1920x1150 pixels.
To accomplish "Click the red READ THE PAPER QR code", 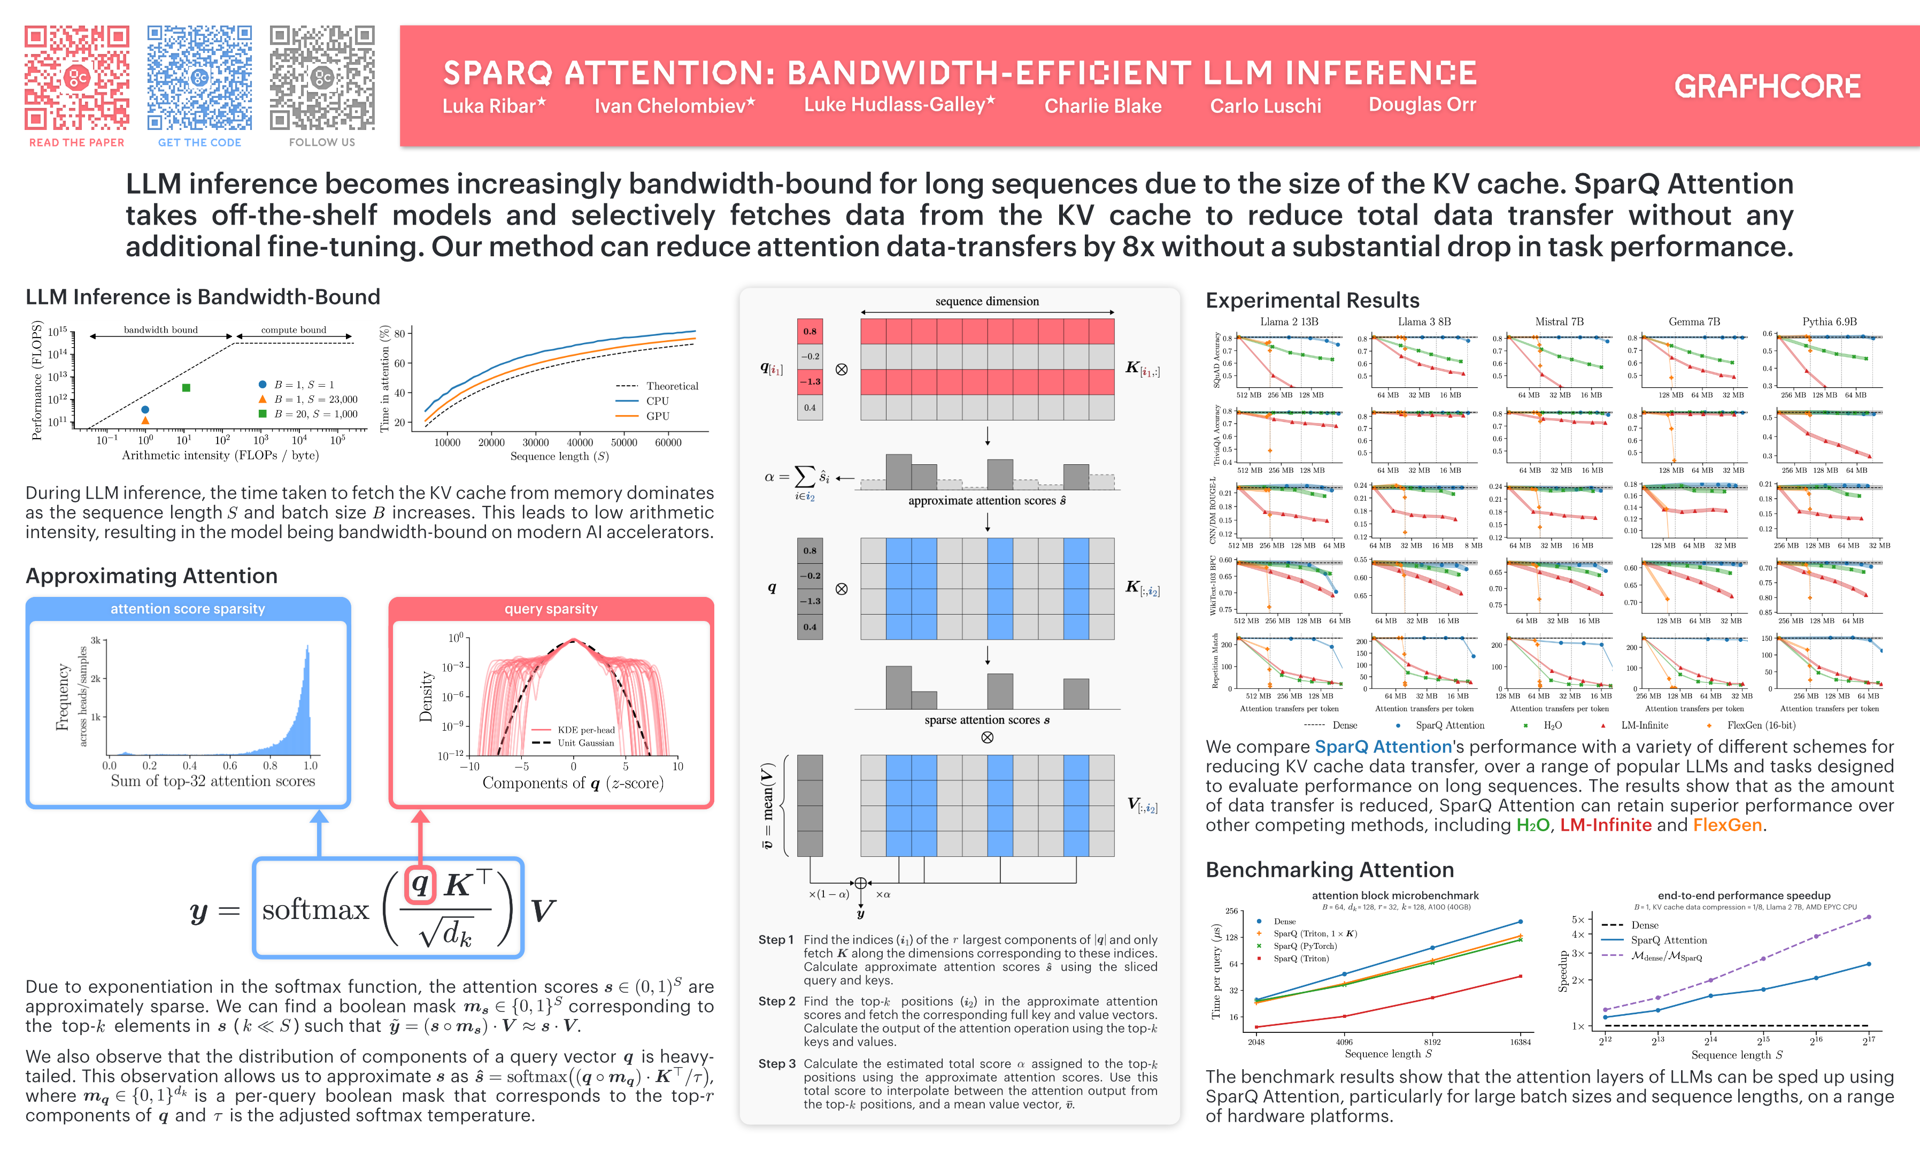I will (x=76, y=78).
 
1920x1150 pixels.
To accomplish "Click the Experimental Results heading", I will (x=1312, y=301).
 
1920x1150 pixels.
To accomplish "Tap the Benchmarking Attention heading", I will (x=1329, y=870).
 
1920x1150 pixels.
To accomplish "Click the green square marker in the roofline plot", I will (x=186, y=387).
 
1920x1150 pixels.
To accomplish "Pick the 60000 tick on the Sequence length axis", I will (x=668, y=442).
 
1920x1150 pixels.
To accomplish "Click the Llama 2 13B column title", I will (x=1289, y=321).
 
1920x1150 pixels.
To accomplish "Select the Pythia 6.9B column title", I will (x=1829, y=321).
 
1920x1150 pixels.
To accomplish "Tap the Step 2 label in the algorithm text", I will (x=776, y=1001).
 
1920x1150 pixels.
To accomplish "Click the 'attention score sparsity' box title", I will (x=188, y=609).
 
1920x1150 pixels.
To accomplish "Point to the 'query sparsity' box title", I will (x=551, y=609).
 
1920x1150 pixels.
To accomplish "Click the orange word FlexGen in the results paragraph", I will (x=1726, y=825).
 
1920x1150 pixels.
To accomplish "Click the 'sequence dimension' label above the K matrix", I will (x=986, y=302).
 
